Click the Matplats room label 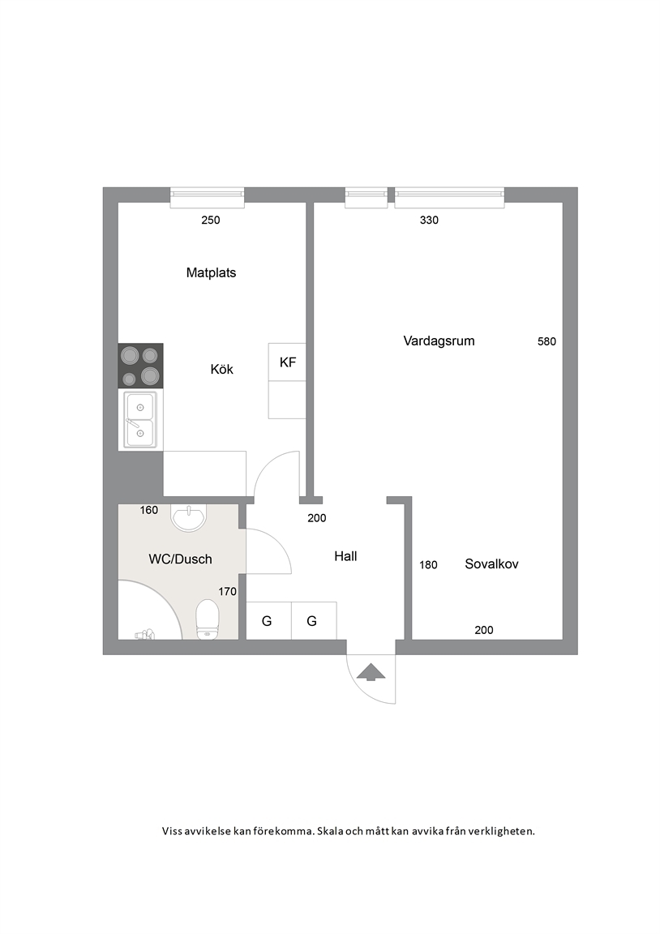pyautogui.click(x=211, y=272)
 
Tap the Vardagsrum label pyautogui.click(x=439, y=341)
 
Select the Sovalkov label pyautogui.click(x=491, y=564)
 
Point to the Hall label pyautogui.click(x=345, y=556)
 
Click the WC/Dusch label pyautogui.click(x=181, y=559)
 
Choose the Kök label pyautogui.click(x=221, y=370)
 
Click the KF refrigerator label pyautogui.click(x=288, y=362)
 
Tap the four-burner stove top pyautogui.click(x=140, y=366)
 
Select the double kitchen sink pyautogui.click(x=140, y=419)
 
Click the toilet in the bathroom pyautogui.click(x=208, y=619)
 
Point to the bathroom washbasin pyautogui.click(x=189, y=516)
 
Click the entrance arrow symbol pyautogui.click(x=371, y=671)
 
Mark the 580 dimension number pyautogui.click(x=546, y=341)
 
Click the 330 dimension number pyautogui.click(x=429, y=221)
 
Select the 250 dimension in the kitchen pyautogui.click(x=210, y=221)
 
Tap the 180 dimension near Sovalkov pyautogui.click(x=428, y=564)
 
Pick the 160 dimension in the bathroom pyautogui.click(x=149, y=510)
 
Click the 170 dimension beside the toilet pyautogui.click(x=228, y=592)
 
